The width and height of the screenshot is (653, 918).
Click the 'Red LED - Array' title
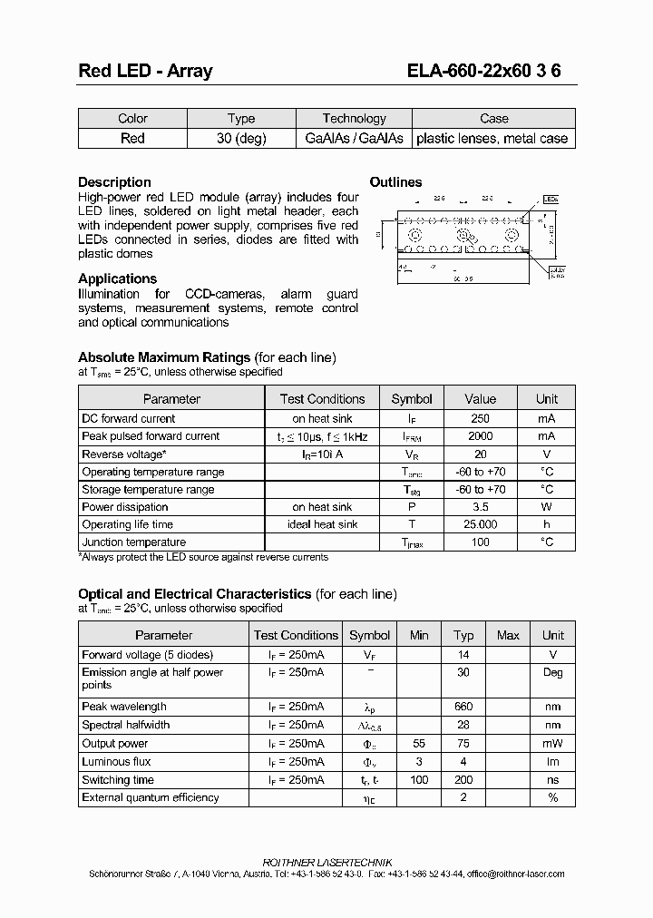click(144, 71)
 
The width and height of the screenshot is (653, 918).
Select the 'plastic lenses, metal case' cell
click(492, 139)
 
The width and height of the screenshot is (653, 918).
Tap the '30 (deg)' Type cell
click(241, 139)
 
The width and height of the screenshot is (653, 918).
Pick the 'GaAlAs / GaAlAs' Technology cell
click(354, 139)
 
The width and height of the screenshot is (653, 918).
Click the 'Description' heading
click(114, 182)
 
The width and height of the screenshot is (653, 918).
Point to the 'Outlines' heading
click(395, 182)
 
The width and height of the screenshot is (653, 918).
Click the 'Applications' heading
click(117, 278)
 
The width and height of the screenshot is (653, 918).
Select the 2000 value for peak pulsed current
click(480, 436)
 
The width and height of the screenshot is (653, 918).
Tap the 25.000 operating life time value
click(480, 524)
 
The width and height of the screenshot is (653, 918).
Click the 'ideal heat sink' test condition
click(323, 524)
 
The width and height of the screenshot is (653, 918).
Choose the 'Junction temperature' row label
click(133, 542)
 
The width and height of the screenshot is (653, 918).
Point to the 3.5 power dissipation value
click(480, 507)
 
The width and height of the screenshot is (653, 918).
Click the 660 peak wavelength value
click(463, 707)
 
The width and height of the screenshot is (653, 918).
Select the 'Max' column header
click(508, 636)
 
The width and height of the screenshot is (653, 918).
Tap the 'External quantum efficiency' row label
click(151, 798)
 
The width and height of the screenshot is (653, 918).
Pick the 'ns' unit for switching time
click(552, 780)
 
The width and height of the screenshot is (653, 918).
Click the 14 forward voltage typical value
click(463, 655)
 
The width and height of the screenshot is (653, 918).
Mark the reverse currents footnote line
click(203, 557)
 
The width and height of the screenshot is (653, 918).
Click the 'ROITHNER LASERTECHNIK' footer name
click(326, 861)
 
